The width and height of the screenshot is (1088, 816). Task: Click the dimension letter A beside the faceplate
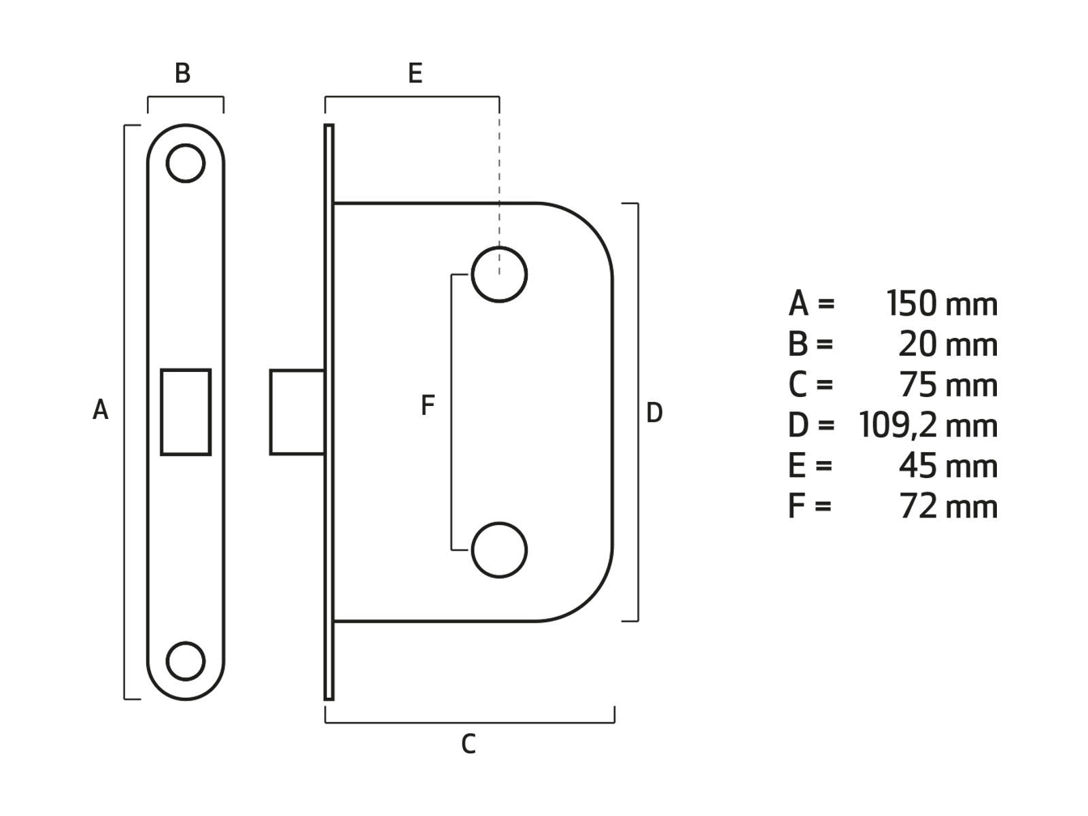pos(101,410)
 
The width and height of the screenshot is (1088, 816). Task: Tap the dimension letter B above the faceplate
pos(182,73)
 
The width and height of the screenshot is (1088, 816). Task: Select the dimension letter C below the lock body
pos(469,744)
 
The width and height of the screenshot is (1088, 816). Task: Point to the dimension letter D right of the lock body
pos(654,412)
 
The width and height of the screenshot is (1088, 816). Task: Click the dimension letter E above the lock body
pos(415,73)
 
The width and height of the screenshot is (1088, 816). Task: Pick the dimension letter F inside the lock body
pos(428,405)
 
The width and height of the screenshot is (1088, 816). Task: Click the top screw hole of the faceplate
pos(186,163)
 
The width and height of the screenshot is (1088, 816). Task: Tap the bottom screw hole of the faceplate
pos(186,660)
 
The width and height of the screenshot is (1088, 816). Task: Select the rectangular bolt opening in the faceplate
pos(186,412)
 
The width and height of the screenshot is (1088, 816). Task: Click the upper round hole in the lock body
pos(499,275)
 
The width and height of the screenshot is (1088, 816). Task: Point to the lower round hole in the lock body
pos(499,550)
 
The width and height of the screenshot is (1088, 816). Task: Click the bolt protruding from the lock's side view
pos(297,412)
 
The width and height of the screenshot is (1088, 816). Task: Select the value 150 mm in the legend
pos(942,304)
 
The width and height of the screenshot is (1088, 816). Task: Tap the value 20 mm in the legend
pos(947,345)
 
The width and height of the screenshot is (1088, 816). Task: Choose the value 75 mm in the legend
pos(948,385)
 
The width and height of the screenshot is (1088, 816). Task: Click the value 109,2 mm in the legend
pos(928,426)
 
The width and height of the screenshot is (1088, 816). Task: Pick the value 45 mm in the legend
pos(948,466)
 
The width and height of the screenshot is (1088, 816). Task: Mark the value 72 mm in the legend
pos(948,507)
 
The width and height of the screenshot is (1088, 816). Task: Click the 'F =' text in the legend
pos(810,507)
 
